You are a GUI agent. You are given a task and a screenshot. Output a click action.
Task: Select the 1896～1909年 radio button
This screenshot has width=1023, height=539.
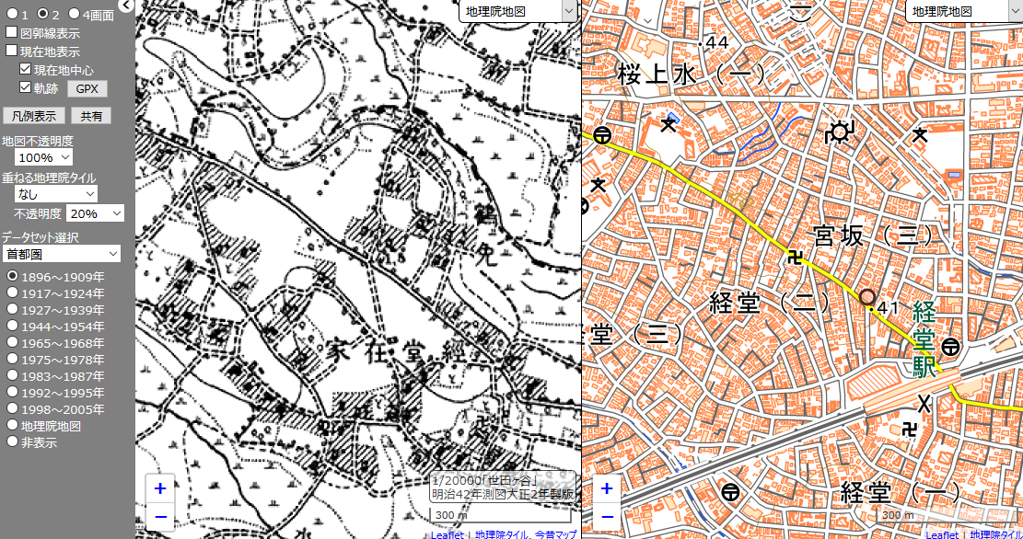click(x=13, y=277)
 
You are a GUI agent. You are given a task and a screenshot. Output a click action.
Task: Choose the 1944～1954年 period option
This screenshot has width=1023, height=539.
click(x=13, y=327)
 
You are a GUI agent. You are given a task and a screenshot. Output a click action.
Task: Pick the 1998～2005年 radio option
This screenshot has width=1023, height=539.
click(x=13, y=409)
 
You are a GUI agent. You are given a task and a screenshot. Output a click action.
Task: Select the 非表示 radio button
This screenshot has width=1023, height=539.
click(x=13, y=442)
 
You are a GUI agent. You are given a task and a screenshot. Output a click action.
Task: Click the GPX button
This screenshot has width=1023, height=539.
click(x=87, y=89)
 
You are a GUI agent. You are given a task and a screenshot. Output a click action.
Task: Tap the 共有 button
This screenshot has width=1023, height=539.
click(x=91, y=116)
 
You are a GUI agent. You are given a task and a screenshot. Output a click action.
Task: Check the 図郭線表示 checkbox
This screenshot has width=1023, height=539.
click(x=12, y=33)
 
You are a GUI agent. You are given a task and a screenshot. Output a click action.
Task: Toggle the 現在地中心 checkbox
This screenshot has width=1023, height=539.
click(x=26, y=70)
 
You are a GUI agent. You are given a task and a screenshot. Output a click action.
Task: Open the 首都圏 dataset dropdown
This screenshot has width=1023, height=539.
click(x=61, y=253)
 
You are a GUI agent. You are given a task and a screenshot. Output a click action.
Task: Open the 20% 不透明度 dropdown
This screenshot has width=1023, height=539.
click(x=96, y=213)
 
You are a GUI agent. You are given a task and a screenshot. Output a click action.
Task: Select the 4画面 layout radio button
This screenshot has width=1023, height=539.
click(x=74, y=15)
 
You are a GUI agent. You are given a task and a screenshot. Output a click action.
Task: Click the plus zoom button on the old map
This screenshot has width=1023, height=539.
click(x=160, y=489)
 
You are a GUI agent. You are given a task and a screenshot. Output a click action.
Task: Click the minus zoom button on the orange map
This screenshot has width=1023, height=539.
click(x=606, y=516)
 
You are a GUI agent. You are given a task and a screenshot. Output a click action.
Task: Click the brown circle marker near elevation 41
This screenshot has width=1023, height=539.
click(x=866, y=297)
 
